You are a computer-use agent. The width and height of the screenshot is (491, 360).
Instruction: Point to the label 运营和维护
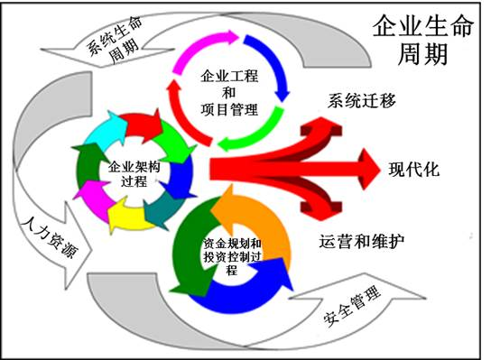pyautogui.click(x=362, y=241)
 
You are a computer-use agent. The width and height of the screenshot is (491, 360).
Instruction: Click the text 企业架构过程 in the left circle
pyautogui.click(x=134, y=174)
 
